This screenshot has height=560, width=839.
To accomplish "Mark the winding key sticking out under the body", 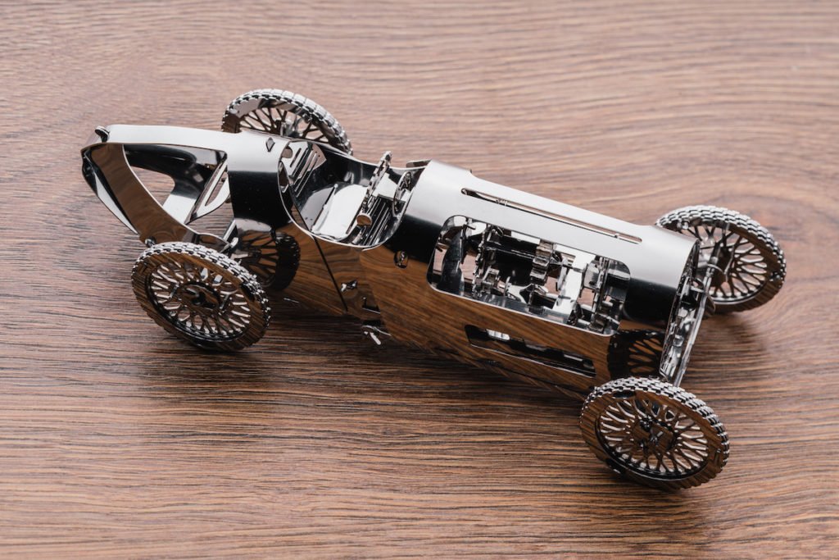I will pos(374,333).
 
